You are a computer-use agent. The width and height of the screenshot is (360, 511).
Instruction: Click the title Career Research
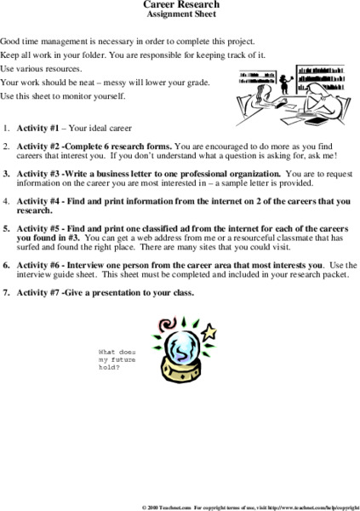click(180, 5)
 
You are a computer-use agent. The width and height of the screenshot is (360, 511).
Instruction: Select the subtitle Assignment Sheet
click(180, 15)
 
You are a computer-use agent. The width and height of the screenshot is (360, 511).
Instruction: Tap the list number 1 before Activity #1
click(7, 129)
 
